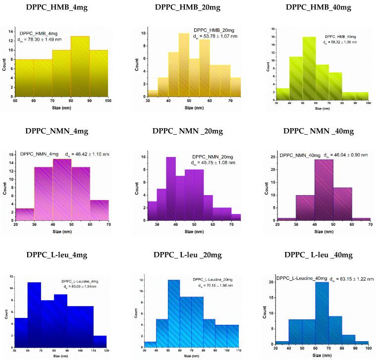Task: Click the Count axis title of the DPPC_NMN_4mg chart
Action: [x=4, y=186]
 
